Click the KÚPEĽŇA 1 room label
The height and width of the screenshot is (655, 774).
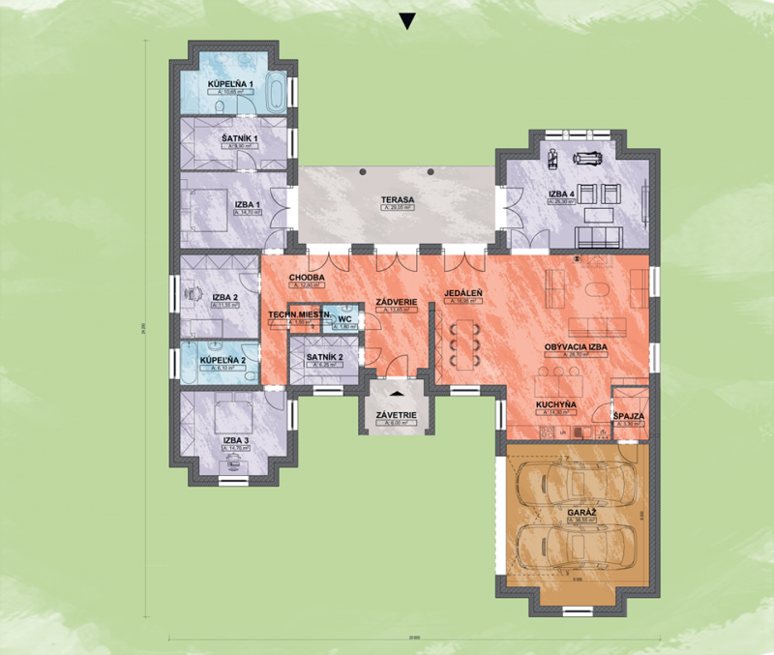pyautogui.click(x=230, y=84)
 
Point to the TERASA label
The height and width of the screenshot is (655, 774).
pyautogui.click(x=397, y=200)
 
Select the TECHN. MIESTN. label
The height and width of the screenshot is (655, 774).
pyautogui.click(x=299, y=315)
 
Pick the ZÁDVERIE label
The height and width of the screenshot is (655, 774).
pyautogui.click(x=397, y=303)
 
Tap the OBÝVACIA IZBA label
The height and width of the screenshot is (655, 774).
pyautogui.click(x=576, y=346)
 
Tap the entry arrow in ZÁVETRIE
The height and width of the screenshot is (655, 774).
pyautogui.click(x=397, y=394)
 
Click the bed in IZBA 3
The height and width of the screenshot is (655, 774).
pyautogui.click(x=233, y=415)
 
